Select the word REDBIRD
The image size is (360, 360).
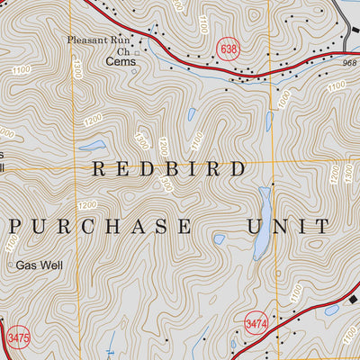click(168, 168)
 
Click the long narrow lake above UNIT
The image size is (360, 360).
click(263, 220)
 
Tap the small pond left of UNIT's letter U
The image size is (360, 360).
click(219, 238)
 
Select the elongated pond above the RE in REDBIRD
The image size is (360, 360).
click(94, 146)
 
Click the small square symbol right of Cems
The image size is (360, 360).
click(138, 54)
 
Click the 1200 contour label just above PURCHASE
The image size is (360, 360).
click(87, 205)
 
